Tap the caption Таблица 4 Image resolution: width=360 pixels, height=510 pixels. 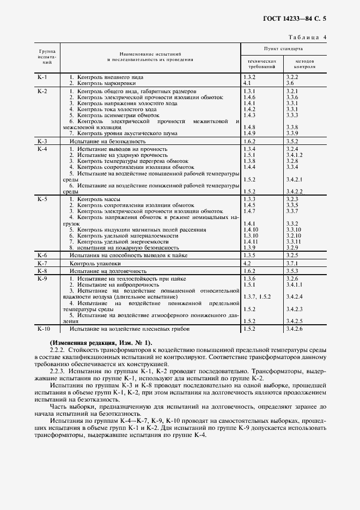(308, 37)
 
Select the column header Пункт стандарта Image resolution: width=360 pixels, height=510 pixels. (283, 48)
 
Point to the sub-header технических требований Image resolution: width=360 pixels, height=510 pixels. (263, 64)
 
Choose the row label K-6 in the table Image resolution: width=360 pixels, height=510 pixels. (42, 255)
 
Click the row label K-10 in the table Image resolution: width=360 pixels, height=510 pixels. (44, 329)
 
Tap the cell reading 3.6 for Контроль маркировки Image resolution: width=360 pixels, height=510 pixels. (290, 83)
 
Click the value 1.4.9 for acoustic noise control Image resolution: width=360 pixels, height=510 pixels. (249, 133)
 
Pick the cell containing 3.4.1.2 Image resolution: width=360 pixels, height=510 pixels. (295, 155)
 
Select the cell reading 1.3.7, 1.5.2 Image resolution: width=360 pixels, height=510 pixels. (257, 296)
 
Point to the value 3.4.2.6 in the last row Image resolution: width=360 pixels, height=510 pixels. (295, 329)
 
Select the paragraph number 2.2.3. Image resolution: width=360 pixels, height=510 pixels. (57, 371)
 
